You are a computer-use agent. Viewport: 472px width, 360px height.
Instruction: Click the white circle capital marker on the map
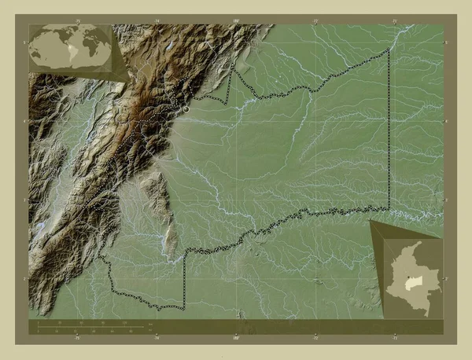coord(186,110)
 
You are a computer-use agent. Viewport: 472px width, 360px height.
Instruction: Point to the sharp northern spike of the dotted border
coord(231,68)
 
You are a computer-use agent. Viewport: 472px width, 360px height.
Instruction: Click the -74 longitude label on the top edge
coord(157,21)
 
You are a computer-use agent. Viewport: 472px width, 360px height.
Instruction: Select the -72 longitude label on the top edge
coord(315,21)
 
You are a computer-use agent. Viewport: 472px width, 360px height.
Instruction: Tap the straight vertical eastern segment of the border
coord(389,134)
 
